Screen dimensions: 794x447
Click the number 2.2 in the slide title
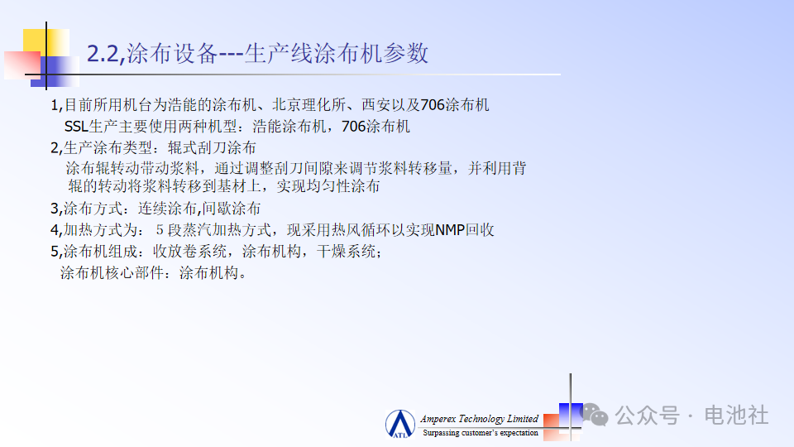103,54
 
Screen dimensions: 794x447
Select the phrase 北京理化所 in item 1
309,105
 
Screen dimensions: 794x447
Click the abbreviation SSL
76,126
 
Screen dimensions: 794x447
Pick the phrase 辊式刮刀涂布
212,147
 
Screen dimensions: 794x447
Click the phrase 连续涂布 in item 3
167,209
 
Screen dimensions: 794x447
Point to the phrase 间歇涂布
232,209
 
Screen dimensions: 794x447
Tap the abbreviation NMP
450,230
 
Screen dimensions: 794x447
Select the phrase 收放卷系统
190,252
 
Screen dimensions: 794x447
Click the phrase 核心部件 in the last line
135,273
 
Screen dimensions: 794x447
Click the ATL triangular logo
400,424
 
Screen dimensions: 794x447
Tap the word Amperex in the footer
438,419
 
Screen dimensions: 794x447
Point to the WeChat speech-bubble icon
595,415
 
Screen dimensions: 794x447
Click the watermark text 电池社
736,415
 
